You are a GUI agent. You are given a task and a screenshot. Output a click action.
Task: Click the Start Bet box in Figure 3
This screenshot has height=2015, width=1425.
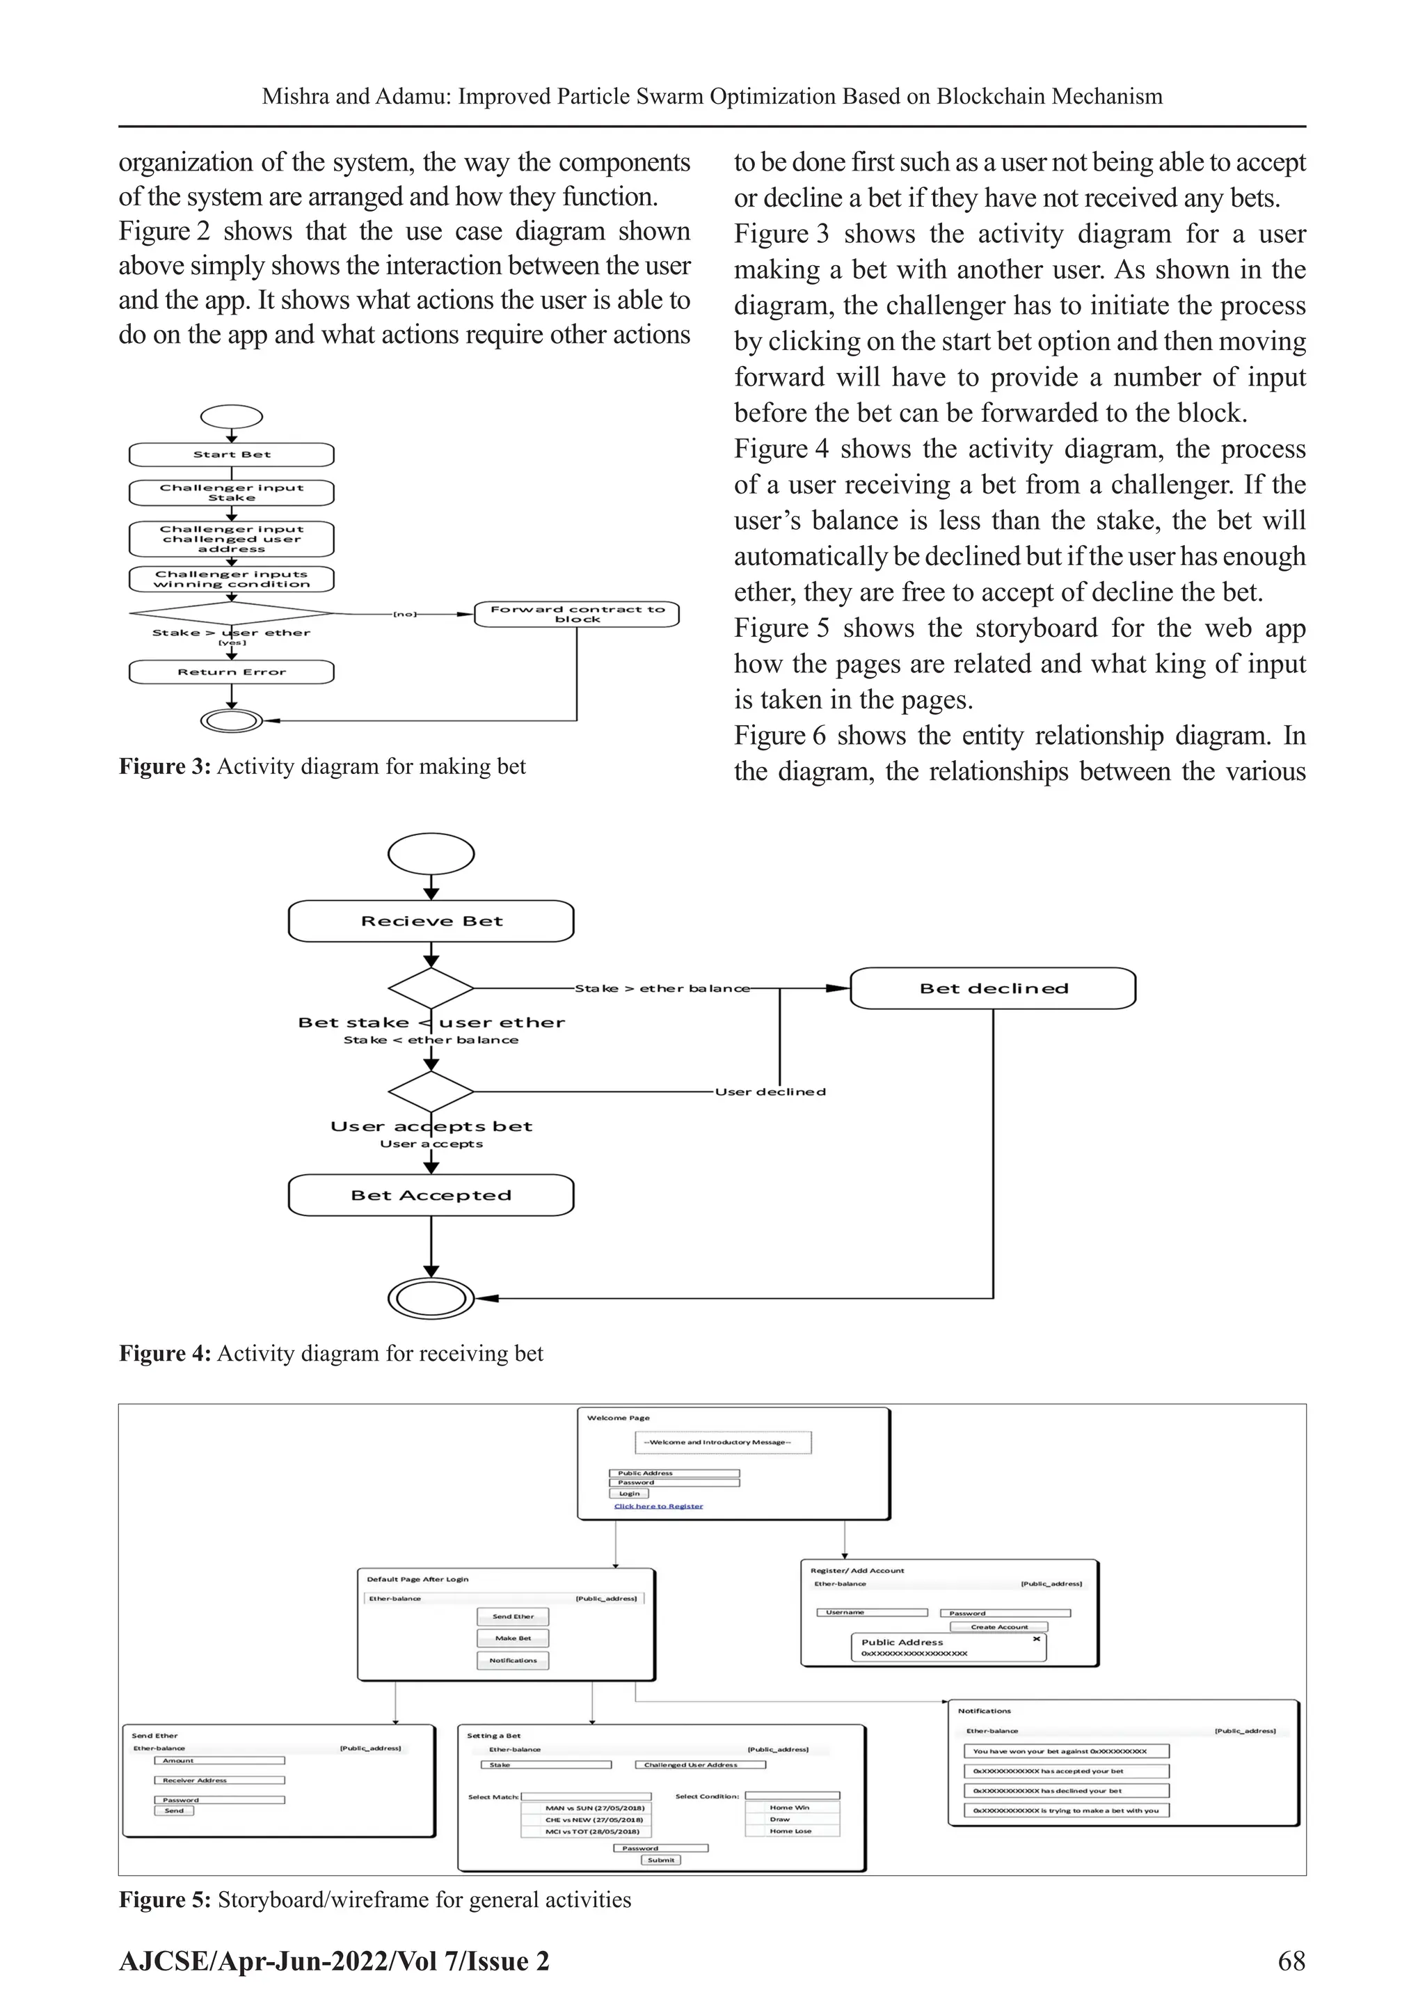coord(232,455)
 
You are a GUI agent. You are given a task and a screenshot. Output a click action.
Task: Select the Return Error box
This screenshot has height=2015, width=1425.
coord(232,672)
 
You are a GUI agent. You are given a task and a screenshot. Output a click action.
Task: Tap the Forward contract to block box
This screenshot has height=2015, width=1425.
coord(577,615)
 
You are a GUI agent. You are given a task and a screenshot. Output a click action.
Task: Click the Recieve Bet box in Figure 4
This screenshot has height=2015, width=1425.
coord(431,922)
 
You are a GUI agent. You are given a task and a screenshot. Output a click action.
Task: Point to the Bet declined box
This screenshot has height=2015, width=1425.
coord(994,989)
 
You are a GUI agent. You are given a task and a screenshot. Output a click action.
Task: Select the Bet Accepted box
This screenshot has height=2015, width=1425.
coord(431,1195)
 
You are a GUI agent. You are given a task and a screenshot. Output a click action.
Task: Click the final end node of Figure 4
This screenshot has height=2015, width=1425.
coord(431,1298)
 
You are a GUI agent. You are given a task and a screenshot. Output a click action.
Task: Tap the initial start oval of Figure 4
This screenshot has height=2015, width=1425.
coord(431,854)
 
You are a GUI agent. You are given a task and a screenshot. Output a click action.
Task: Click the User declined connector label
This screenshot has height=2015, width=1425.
coord(770,1093)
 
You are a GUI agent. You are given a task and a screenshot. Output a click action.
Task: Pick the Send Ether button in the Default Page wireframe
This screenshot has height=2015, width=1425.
coord(514,1617)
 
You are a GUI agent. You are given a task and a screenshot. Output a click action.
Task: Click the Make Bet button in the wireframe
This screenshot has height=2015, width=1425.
coord(514,1638)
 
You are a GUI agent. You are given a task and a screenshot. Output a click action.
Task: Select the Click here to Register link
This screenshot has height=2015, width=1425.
coord(658,1506)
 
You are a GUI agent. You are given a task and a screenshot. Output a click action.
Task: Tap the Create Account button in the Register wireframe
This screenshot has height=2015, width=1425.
coord(998,1626)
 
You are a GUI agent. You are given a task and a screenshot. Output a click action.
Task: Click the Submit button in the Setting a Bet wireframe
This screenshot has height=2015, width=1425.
coord(661,1860)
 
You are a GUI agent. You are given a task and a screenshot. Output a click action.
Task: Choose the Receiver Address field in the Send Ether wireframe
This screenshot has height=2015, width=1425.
coord(219,1780)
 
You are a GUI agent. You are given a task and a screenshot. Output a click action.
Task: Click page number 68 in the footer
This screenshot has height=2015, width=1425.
coord(1291,1961)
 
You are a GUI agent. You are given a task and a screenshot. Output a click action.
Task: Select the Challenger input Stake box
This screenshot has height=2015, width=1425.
coord(232,492)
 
